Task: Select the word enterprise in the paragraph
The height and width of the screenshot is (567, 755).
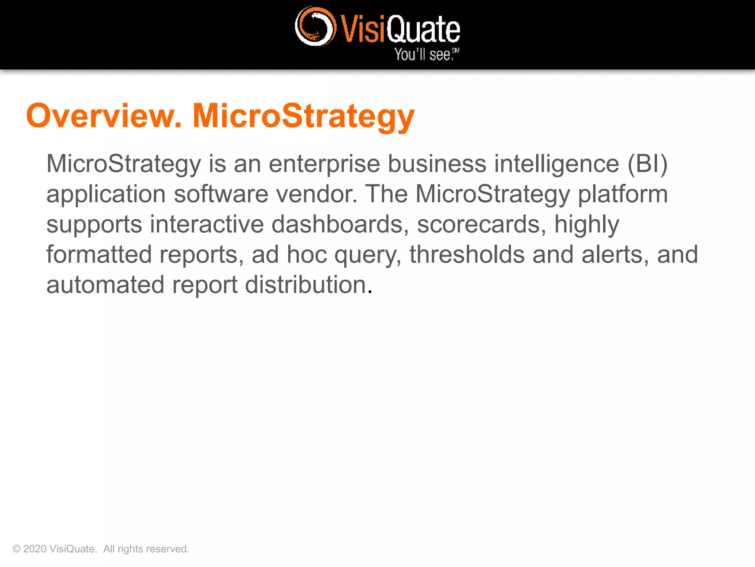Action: [324, 164]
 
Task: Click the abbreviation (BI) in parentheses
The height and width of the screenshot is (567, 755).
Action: [647, 164]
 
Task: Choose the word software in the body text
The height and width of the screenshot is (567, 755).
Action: [221, 194]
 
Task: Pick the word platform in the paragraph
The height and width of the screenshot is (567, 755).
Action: [623, 194]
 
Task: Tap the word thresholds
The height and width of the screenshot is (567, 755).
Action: [467, 255]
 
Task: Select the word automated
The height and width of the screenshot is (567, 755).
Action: [105, 285]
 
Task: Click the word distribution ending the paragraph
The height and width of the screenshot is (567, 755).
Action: [308, 285]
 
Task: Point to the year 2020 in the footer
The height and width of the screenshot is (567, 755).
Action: [35, 549]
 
